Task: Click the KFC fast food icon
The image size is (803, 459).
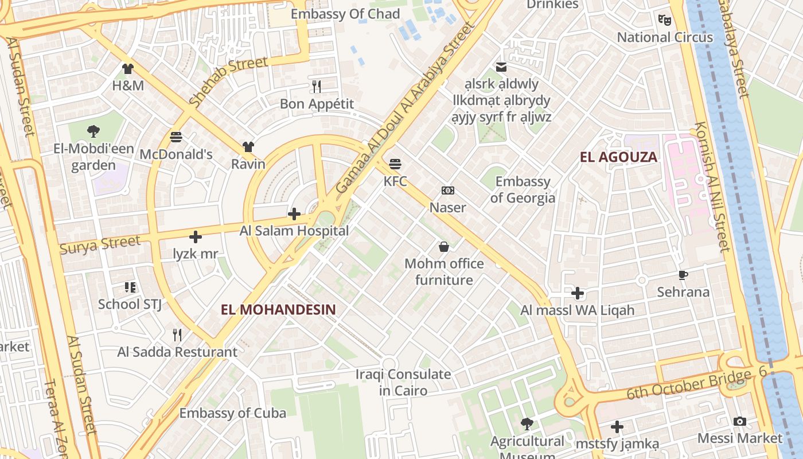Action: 395,164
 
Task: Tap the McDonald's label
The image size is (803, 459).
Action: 176,154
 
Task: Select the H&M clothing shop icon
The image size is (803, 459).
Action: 127,69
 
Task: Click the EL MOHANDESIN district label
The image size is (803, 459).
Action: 278,310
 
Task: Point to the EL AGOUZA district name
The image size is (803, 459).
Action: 618,157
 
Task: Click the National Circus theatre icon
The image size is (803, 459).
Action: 665,20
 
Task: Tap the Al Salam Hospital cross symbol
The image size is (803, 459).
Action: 294,215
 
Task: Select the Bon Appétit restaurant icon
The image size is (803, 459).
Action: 317,87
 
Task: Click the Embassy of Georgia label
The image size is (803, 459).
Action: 523,190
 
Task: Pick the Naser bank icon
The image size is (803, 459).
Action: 447,190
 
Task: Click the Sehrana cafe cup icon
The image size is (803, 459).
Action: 683,275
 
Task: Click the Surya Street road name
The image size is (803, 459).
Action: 100,244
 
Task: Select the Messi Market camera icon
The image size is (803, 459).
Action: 740,422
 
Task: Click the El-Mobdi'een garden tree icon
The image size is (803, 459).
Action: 93,131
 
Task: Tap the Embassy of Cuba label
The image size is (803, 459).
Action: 232,413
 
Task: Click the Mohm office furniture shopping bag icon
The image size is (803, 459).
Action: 444,247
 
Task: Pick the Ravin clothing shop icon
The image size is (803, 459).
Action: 248,147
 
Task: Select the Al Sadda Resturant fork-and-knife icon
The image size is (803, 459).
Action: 177,334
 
